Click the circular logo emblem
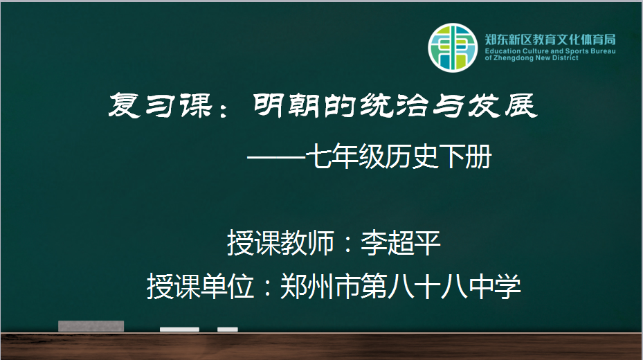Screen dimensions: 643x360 pyautogui.click(x=453, y=48)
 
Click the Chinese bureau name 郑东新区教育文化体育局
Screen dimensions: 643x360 pyautogui.click(x=550, y=39)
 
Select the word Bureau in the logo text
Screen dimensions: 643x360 pyautogui.click(x=604, y=51)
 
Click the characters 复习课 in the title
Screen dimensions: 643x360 pyautogui.click(x=161, y=105)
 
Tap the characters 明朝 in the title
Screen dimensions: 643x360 pyautogui.click(x=286, y=105)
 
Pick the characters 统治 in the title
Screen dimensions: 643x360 pyautogui.click(x=395, y=105)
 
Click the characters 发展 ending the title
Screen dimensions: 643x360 pyautogui.click(x=502, y=105)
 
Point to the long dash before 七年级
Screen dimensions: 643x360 pyautogui.click(x=278, y=157)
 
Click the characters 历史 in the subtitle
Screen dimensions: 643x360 pyautogui.click(x=411, y=156)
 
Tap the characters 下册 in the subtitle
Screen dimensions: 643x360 pyautogui.click(x=465, y=156)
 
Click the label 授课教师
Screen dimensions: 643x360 pyautogui.click(x=280, y=243)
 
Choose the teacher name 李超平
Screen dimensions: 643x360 pyautogui.click(x=401, y=243)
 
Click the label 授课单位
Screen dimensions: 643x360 pyautogui.click(x=201, y=286)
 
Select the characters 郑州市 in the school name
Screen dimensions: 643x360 pyautogui.click(x=320, y=286)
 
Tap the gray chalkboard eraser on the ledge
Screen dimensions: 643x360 pyautogui.click(x=91, y=326)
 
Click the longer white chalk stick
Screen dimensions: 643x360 pyautogui.click(x=179, y=330)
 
